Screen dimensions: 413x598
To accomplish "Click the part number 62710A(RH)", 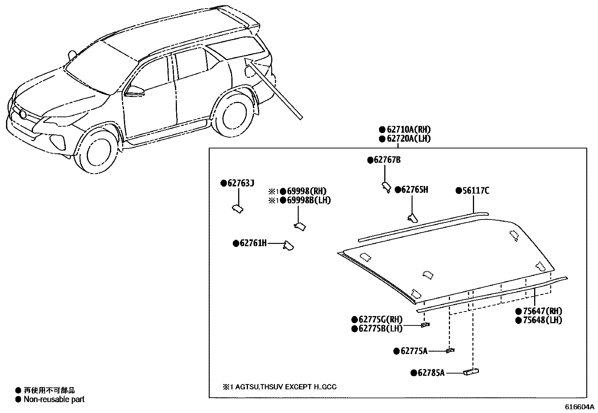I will pos(408,130).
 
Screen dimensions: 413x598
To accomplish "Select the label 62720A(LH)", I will pos(408,139).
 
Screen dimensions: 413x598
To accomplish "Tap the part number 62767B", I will pos(387,160).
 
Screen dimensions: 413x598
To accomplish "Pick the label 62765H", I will pos(414,190).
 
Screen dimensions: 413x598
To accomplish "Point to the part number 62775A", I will pos(414,351).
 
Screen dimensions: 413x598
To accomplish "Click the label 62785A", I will pos(431,373).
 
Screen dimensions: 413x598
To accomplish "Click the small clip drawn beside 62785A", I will pos(471,372).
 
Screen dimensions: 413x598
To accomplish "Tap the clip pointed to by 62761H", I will pos(288,245).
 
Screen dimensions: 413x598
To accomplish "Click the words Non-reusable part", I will pos(54,399).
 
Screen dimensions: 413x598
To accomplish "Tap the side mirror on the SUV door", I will pos(134,90).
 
